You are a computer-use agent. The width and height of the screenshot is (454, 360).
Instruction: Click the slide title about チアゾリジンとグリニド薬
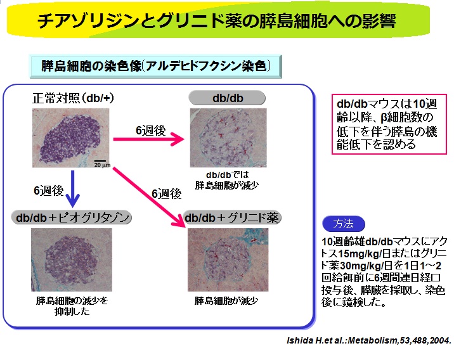point(217,21)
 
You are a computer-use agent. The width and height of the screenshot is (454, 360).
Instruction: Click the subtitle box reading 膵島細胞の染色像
point(156,67)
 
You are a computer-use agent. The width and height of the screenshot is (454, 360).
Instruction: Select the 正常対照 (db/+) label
point(73,98)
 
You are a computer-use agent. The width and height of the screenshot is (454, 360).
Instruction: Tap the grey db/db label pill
point(227,98)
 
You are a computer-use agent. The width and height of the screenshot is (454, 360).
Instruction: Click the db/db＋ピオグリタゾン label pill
point(72,217)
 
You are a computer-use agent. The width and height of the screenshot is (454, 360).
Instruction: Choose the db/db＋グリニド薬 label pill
point(232,217)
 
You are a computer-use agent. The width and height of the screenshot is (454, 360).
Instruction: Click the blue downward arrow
point(73,189)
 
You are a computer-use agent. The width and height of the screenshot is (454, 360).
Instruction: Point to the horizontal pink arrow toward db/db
point(148,139)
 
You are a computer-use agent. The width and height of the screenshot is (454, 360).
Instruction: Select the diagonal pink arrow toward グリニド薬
point(149,196)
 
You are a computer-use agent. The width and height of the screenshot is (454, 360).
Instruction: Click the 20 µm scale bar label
point(102,165)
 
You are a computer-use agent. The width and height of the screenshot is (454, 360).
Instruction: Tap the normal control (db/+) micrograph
point(71,138)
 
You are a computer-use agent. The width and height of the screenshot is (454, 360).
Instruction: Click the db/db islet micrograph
point(228,138)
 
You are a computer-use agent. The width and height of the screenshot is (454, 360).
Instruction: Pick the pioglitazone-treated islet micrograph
point(72,260)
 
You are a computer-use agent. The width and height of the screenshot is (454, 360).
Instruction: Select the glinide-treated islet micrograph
point(228,260)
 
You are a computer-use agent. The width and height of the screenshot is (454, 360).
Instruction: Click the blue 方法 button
point(344,224)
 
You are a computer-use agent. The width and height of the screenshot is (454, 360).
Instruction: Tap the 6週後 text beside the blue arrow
point(49,191)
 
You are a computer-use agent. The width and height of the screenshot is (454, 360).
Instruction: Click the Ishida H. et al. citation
point(368,340)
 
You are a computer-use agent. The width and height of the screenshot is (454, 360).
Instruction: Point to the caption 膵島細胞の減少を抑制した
point(72,306)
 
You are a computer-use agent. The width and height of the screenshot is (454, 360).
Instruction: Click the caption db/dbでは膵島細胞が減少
point(227,180)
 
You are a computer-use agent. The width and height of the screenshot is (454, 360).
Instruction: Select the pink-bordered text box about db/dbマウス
point(389,124)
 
